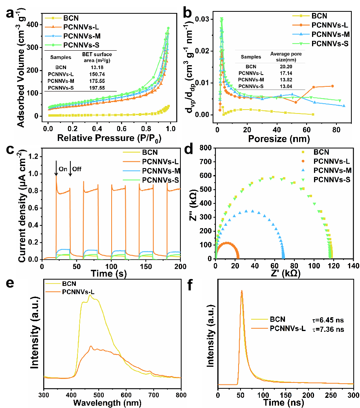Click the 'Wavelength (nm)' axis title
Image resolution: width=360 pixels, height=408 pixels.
point(112,403)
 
